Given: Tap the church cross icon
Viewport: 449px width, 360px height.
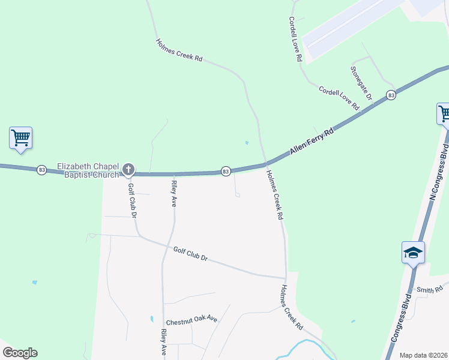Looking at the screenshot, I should coord(128,170).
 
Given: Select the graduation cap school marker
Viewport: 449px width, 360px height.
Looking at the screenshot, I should coord(413,252).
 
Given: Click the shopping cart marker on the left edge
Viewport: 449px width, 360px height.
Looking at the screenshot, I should coord(20,137).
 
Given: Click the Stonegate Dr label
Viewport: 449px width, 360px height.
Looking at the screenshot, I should coord(361,83).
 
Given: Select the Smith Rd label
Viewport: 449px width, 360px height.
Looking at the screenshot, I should coord(430,290).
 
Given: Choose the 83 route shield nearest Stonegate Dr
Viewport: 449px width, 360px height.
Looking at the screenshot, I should coord(391,95).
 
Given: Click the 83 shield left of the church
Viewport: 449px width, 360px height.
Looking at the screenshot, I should coord(41,170).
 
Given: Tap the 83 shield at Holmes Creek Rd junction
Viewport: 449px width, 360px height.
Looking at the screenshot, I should coord(225,172).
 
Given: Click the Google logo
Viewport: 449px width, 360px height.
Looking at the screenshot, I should coord(20,353).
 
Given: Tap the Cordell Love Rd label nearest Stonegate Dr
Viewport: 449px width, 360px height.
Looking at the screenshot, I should coord(339,98).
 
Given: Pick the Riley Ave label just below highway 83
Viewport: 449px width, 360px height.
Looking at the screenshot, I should coord(173,194).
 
